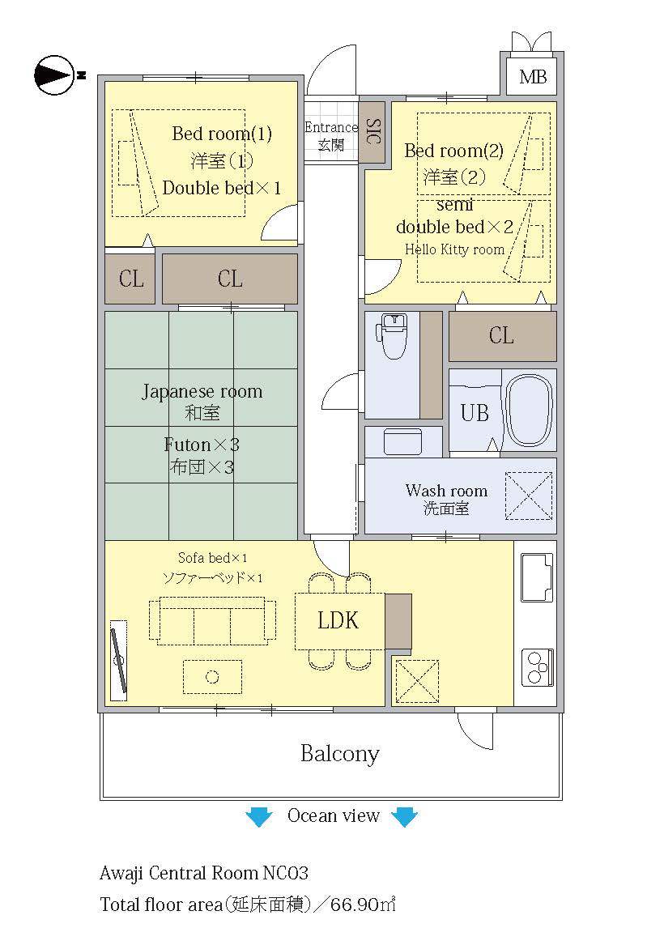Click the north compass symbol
pyautogui.click(x=55, y=75)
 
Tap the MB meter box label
pyautogui.click(x=533, y=77)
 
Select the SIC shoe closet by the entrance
pyautogui.click(x=372, y=132)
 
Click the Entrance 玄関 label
pyautogui.click(x=330, y=135)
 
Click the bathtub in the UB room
pyautogui.click(x=528, y=411)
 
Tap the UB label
pyautogui.click(x=475, y=413)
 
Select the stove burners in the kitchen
pyautogui.click(x=538, y=668)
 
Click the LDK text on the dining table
pyautogui.click(x=338, y=620)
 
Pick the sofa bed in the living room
pyautogui.click(x=212, y=621)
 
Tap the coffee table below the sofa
pyautogui.click(x=212, y=677)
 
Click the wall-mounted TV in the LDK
pyautogui.click(x=119, y=661)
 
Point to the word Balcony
pyautogui.click(x=340, y=754)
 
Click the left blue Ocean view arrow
pyautogui.click(x=259, y=816)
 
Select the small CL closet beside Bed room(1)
pyautogui.click(x=130, y=279)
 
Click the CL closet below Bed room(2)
pyautogui.click(x=502, y=336)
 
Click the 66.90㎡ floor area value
pyautogui.click(x=364, y=904)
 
